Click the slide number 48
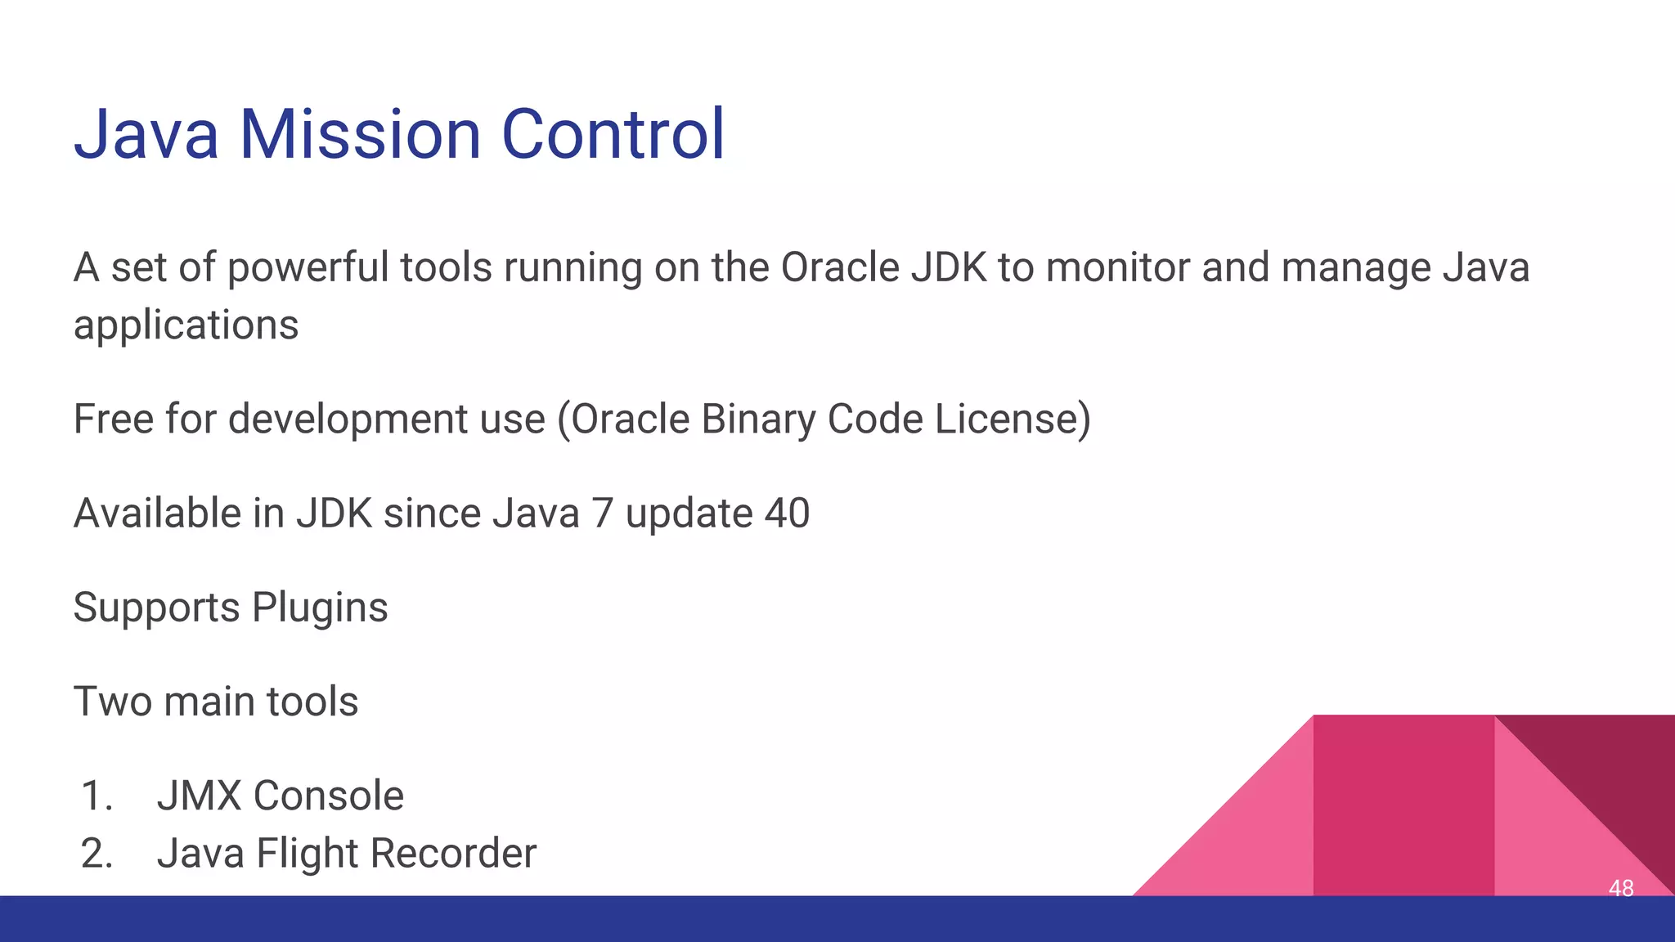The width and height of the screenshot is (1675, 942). (1620, 887)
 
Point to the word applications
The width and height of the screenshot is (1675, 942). (186, 325)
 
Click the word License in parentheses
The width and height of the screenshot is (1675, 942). (1013, 419)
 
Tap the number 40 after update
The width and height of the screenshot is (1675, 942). (787, 514)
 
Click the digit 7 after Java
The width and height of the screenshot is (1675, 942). (602, 514)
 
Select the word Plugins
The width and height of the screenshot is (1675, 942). (320, 608)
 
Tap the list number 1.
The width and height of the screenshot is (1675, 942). (97, 796)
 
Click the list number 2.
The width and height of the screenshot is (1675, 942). (97, 853)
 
